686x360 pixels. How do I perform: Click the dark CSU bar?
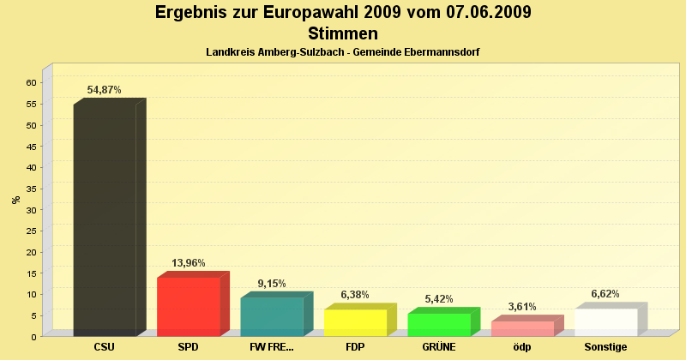tap(105, 219)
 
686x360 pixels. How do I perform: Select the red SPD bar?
tap(189, 307)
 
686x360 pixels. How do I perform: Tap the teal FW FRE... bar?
tap(272, 316)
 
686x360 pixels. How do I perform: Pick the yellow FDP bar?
tap(355, 322)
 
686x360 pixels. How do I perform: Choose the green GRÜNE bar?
tap(439, 324)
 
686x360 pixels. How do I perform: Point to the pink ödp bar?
tap(522, 328)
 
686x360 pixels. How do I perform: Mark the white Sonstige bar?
tap(606, 321)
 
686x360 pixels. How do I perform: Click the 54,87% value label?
tap(105, 90)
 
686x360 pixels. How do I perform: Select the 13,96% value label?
tap(189, 263)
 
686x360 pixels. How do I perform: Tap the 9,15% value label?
tap(272, 284)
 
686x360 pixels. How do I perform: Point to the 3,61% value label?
tap(522, 306)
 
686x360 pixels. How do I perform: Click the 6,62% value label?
tap(605, 293)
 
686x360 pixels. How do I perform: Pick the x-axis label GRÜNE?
tap(439, 347)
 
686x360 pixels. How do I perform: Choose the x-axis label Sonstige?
tap(606, 347)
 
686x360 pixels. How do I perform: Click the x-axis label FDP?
tap(355, 347)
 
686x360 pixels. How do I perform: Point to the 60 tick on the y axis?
tap(31, 83)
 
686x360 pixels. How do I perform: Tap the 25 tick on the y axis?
tap(31, 231)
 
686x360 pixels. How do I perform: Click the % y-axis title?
tap(15, 200)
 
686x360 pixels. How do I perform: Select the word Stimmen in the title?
tap(343, 34)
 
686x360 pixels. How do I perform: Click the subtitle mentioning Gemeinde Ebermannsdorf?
tap(343, 52)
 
